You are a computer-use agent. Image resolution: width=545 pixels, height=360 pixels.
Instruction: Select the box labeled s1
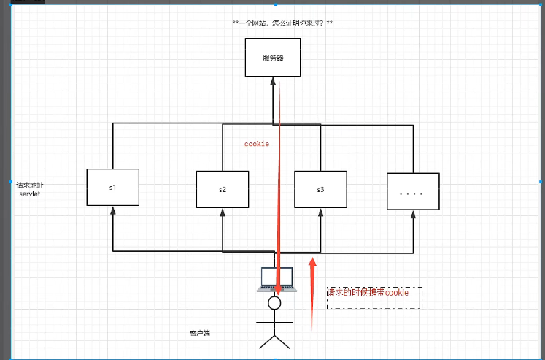[x=112, y=188]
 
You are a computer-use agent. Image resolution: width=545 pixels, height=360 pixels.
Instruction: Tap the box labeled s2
[x=223, y=189]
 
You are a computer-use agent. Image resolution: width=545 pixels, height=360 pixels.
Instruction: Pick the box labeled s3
[x=320, y=189]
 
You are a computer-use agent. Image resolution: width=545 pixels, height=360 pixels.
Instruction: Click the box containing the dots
[x=413, y=194]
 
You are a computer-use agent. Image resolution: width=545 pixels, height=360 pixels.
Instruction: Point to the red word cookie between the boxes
[x=257, y=144]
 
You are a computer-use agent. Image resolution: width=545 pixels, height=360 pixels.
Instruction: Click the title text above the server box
[x=282, y=23]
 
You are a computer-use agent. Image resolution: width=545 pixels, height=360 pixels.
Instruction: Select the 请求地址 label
[x=30, y=186]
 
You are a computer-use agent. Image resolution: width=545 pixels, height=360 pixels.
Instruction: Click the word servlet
[x=30, y=195]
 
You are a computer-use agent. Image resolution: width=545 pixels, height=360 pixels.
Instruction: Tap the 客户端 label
[x=199, y=333]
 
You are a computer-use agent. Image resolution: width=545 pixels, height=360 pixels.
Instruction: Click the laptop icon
[x=275, y=279]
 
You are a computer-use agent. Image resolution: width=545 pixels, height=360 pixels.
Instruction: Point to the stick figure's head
[x=274, y=302]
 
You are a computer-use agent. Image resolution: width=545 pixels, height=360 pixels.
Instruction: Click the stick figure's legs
[x=274, y=341]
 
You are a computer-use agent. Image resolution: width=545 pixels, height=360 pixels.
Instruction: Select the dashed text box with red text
[x=374, y=296]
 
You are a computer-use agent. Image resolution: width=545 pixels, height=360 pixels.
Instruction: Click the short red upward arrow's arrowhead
[x=312, y=261]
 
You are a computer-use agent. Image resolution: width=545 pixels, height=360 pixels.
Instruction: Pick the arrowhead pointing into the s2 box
[x=223, y=212]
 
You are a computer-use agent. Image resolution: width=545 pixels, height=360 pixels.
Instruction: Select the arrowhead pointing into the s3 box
[x=320, y=212]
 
